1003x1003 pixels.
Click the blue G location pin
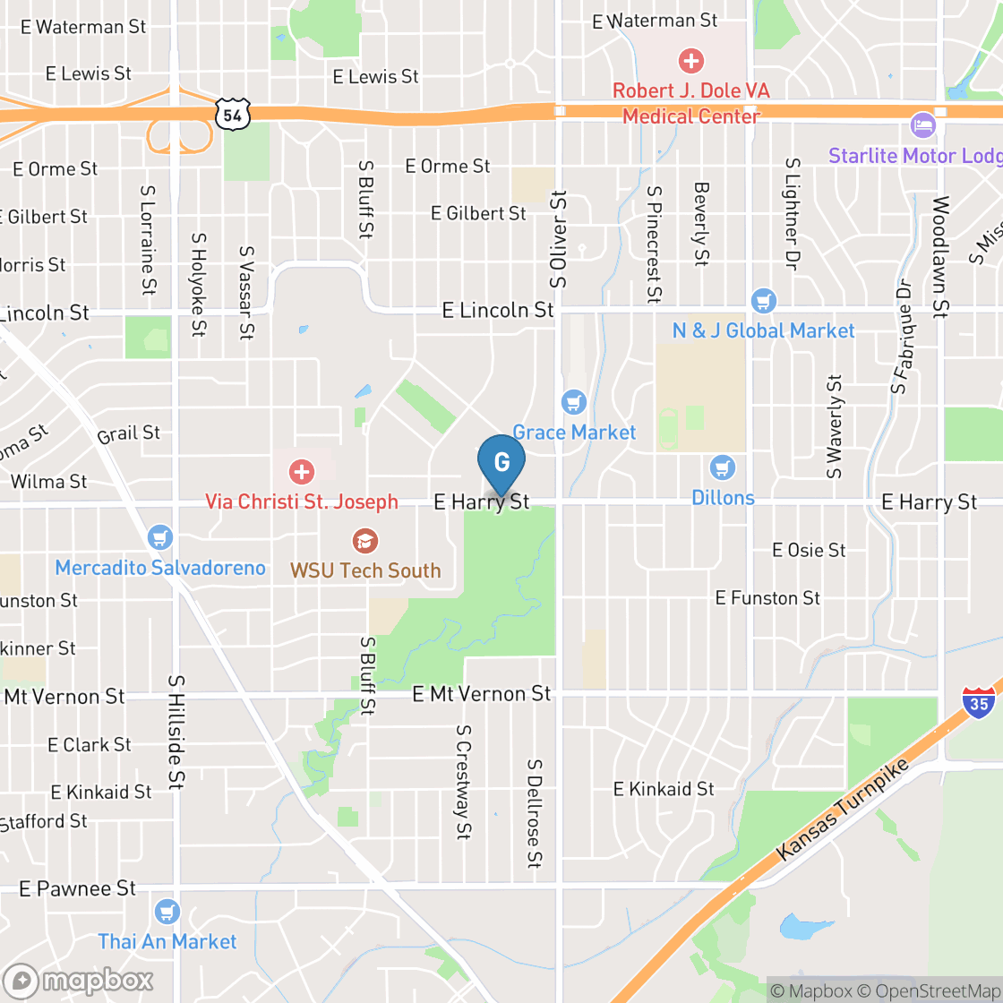click(501, 463)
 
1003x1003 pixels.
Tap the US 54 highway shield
click(233, 113)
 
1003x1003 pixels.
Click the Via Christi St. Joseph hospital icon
click(302, 471)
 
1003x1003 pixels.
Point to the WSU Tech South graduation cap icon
click(365, 541)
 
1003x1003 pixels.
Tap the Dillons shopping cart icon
click(722, 467)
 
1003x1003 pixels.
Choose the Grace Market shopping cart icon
click(573, 402)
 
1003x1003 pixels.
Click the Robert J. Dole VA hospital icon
click(690, 61)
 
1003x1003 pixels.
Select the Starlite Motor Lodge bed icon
click(922, 124)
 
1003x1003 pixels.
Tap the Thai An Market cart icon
click(167, 912)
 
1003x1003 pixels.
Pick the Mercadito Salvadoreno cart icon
click(160, 537)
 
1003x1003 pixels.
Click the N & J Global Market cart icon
click(763, 300)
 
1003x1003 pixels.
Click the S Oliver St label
click(560, 238)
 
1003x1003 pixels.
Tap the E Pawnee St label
click(78, 888)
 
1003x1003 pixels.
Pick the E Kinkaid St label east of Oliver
click(664, 789)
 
